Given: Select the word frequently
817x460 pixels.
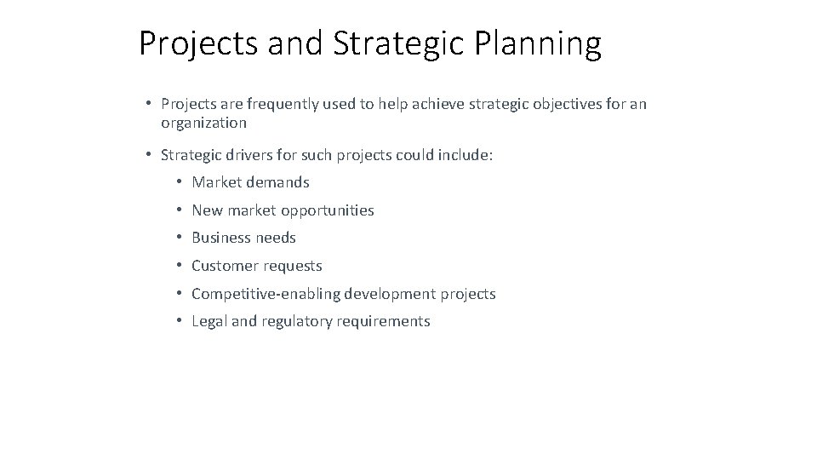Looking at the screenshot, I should (x=280, y=104).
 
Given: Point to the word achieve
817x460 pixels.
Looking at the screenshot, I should (x=427, y=104).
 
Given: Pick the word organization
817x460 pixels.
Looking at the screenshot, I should (x=203, y=123).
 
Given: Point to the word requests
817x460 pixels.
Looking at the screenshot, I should (x=292, y=266).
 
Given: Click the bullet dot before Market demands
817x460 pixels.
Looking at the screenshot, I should (x=180, y=182).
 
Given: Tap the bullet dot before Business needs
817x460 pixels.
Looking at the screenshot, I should (x=180, y=238).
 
